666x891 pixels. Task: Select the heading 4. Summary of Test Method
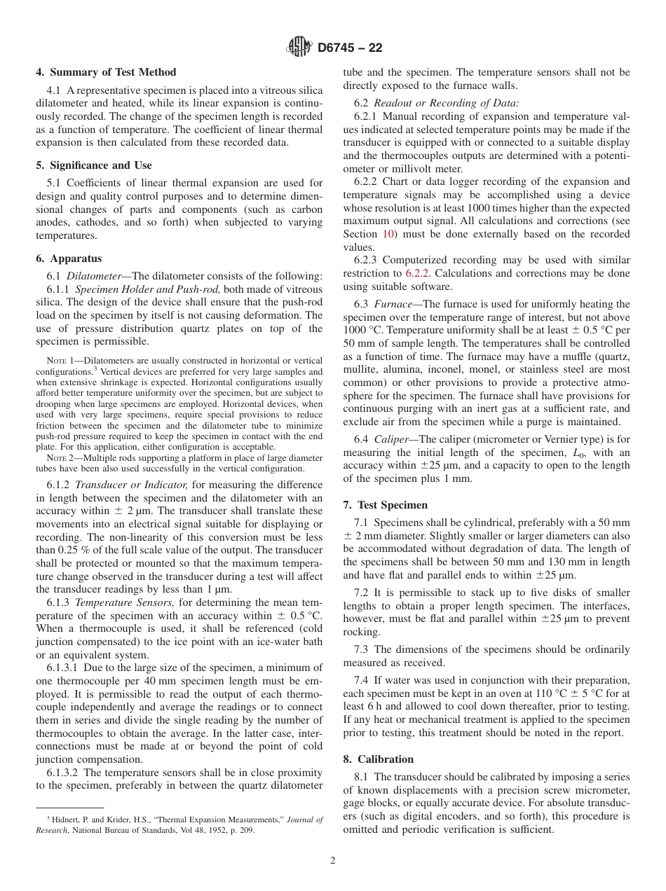[106, 72]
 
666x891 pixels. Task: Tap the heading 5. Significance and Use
[93, 165]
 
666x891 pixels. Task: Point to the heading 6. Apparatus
[69, 258]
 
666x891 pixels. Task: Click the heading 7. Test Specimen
[385, 505]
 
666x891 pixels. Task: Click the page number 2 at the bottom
[333, 861]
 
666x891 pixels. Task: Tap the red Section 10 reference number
[388, 235]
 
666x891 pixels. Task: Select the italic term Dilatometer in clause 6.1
[98, 275]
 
